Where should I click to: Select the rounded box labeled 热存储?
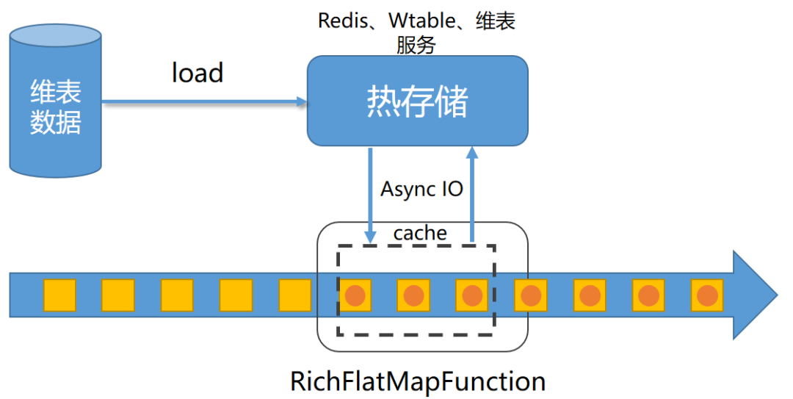pyautogui.click(x=417, y=101)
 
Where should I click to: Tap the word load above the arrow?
pyautogui.click(x=197, y=73)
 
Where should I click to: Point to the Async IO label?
pyautogui.click(x=421, y=189)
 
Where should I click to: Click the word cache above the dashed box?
pyautogui.click(x=420, y=233)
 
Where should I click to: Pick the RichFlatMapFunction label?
pyautogui.click(x=418, y=381)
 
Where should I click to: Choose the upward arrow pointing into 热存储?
pyautogui.click(x=472, y=193)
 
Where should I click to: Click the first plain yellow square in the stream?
pyautogui.click(x=59, y=295)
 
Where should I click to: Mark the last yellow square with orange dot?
pyautogui.click(x=707, y=295)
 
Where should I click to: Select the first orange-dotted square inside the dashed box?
pyautogui.click(x=355, y=295)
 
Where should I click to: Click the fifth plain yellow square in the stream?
pyautogui.click(x=295, y=295)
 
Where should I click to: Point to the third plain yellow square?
pyautogui.click(x=177, y=295)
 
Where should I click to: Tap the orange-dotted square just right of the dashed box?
pyautogui.click(x=530, y=295)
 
